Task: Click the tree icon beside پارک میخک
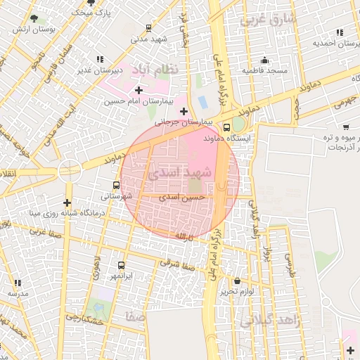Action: pos(91,6)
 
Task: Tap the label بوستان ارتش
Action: pos(33,31)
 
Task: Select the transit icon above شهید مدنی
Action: pos(148,28)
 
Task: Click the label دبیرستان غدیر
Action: pos(101,70)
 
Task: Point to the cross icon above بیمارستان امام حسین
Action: pos(138,90)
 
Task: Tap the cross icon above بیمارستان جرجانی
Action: pos(184,111)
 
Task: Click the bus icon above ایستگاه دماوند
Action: pos(226,128)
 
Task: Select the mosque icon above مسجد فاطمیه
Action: pos(264,60)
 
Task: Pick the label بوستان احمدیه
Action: pos(331,44)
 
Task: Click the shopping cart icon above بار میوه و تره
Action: pos(346,127)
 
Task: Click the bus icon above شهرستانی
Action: pos(117,186)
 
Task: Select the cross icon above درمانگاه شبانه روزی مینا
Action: pos(67,203)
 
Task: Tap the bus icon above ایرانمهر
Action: pos(122,266)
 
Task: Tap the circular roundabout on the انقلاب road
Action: pos(69,169)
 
